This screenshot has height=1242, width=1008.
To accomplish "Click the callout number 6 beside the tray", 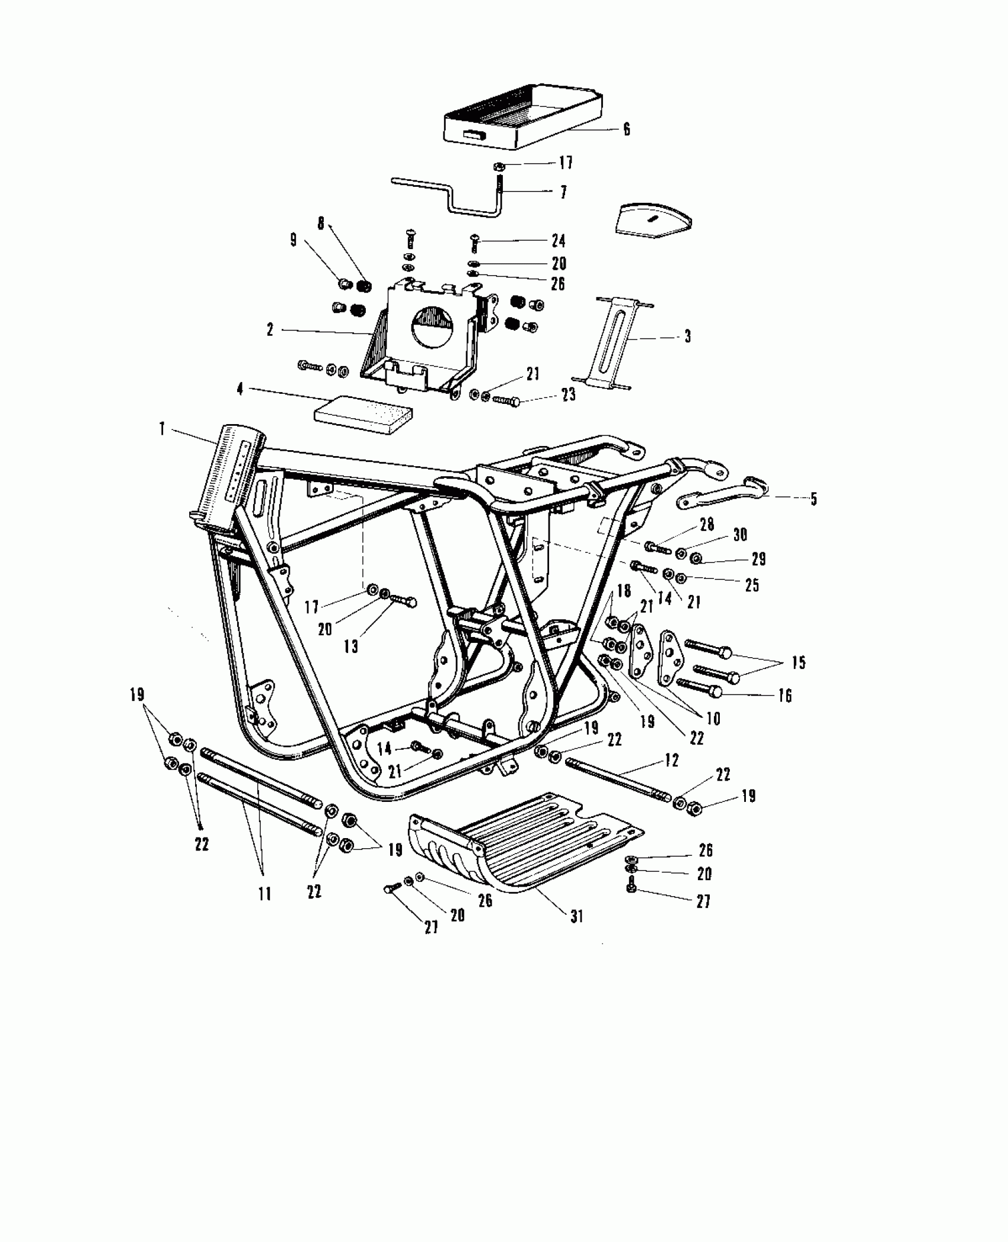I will click(x=626, y=129).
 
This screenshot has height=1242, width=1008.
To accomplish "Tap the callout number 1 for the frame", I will click(x=162, y=429).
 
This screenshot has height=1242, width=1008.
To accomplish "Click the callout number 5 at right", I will click(x=814, y=499).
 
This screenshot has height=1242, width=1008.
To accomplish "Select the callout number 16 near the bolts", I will click(x=784, y=695).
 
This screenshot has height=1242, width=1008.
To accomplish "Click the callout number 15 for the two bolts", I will click(x=799, y=663).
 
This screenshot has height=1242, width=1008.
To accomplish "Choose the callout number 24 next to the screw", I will click(x=558, y=241).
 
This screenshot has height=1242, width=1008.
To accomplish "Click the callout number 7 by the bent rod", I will click(x=563, y=192).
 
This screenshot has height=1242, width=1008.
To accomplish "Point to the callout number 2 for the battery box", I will click(x=270, y=330).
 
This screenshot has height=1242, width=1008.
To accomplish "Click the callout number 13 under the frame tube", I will click(x=351, y=645).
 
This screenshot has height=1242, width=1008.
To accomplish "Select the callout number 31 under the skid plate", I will click(x=577, y=916).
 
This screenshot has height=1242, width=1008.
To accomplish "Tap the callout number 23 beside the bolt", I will click(x=568, y=394).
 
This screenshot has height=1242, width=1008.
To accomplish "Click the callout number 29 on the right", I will click(x=758, y=559).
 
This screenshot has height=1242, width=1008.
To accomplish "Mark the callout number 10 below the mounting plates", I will click(x=713, y=719).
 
